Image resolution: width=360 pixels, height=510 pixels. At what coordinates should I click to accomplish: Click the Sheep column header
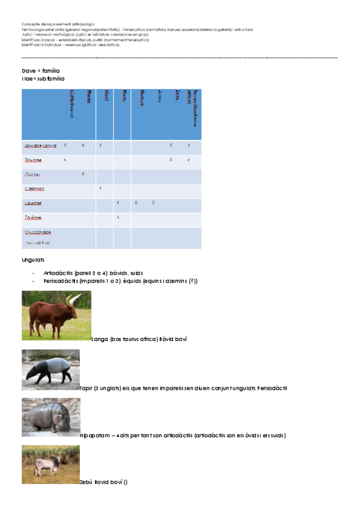(89, 97)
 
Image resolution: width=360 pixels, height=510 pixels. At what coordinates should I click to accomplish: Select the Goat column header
(106, 96)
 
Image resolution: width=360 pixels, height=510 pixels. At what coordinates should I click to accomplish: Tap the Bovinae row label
(33, 161)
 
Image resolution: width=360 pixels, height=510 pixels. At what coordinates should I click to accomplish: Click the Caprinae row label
(35, 189)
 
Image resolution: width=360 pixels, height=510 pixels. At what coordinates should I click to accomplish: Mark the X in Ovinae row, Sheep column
(83, 174)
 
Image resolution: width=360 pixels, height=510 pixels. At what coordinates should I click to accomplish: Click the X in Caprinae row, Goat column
(100, 188)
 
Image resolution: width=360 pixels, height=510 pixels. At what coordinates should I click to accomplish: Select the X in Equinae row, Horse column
(118, 217)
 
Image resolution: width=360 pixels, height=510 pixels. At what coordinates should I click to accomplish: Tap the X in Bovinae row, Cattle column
(65, 160)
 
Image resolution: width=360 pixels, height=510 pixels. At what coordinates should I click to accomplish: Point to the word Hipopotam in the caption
(92, 435)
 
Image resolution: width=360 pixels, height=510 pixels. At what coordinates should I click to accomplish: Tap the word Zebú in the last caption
(85, 482)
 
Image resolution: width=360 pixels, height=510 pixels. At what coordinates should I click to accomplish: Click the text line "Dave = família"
(40, 71)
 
